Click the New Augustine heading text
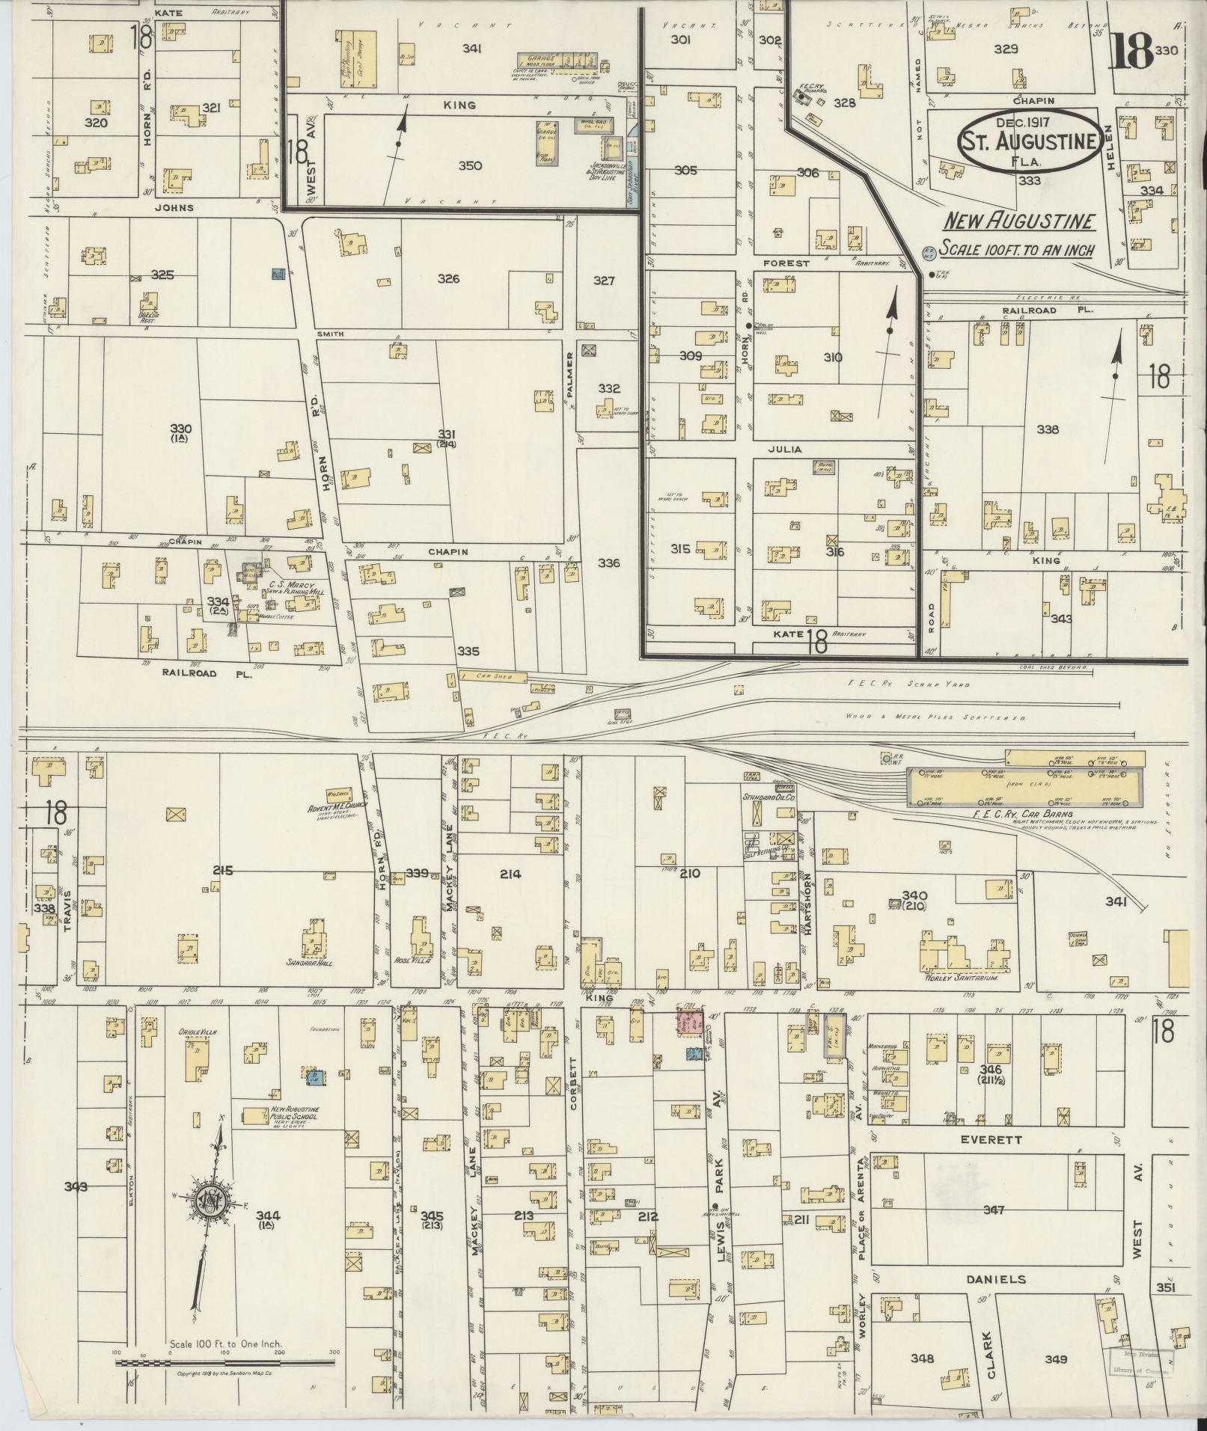pyautogui.click(x=1019, y=221)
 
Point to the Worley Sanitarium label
pyautogui.click(x=962, y=977)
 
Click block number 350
pyautogui.click(x=470, y=166)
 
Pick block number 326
pyautogui.click(x=448, y=279)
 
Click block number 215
pyautogui.click(x=223, y=870)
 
